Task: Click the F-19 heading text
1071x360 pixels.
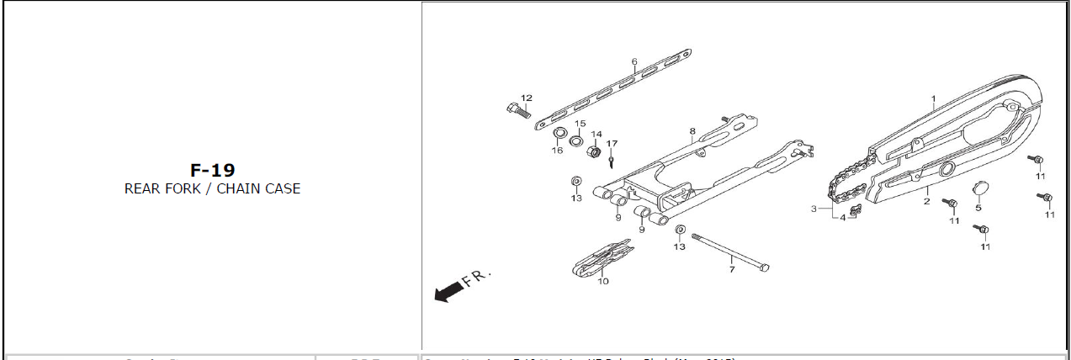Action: [x=212, y=170]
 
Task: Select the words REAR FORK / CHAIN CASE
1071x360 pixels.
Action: [x=212, y=188]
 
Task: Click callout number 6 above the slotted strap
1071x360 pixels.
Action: [x=634, y=61]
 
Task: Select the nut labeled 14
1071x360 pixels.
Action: [x=592, y=154]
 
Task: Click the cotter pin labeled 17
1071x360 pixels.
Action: [x=612, y=160]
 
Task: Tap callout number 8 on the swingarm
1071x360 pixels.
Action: [x=692, y=131]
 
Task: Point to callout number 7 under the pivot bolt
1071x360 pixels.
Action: [x=732, y=269]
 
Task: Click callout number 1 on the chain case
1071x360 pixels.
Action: [x=933, y=98]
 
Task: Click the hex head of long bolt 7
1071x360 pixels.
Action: [x=764, y=267]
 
